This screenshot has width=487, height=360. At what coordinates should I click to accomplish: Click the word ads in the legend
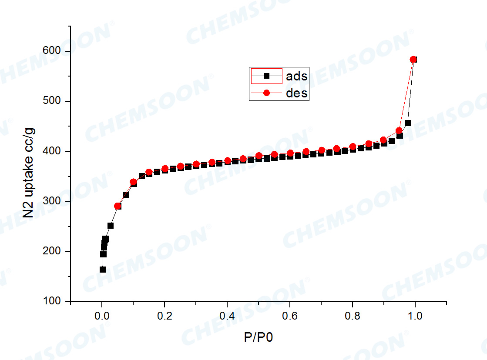point(297,76)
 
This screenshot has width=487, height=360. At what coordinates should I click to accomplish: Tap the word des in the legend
point(297,93)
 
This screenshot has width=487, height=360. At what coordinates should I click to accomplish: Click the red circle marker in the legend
point(267,93)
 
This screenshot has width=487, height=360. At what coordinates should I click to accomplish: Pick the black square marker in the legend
point(267,76)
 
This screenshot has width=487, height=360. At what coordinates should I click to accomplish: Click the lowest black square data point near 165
point(103,270)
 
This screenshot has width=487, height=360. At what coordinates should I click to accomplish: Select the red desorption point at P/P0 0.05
point(118,206)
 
